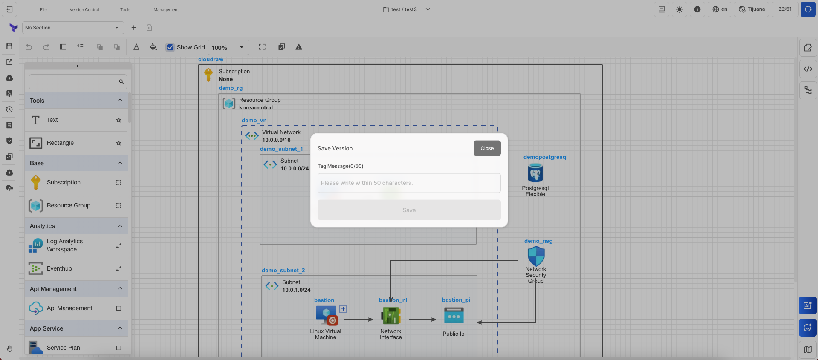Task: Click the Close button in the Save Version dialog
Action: (487, 148)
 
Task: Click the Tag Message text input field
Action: (409, 183)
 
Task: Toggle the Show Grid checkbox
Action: (170, 47)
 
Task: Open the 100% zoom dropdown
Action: (228, 47)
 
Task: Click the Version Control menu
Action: (84, 9)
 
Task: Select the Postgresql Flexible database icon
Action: (535, 173)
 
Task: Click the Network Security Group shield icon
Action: (536, 256)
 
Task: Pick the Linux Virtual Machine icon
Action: (326, 316)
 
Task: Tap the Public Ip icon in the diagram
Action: (454, 316)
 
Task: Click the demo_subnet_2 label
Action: (283, 271)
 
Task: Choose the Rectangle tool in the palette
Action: (60, 143)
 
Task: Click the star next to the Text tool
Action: (119, 120)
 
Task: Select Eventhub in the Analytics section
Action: (59, 268)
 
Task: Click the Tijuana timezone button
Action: (752, 9)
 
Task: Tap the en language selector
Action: (720, 9)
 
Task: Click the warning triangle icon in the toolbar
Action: (299, 47)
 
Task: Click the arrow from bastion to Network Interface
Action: (358, 319)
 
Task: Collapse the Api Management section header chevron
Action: (120, 288)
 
